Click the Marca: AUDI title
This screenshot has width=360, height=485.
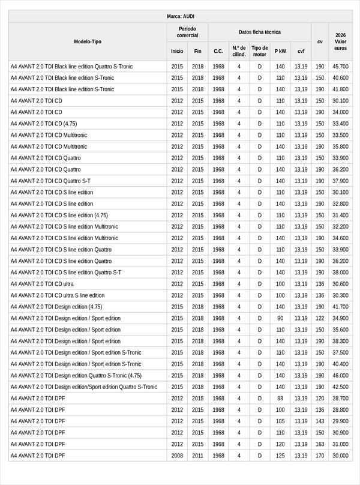180,16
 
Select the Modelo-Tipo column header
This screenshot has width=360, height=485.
88,41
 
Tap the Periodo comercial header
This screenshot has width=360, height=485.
187,32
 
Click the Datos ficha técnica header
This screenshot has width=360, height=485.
259,32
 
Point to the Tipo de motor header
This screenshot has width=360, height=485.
260,51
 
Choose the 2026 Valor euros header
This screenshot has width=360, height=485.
341,41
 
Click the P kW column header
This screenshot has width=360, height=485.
280,51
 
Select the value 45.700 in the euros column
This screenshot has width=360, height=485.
341,67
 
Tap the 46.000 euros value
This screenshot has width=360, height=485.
341,376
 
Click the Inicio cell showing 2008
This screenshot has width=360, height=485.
177,456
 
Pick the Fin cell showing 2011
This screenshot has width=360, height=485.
198,456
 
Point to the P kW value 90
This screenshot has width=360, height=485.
280,318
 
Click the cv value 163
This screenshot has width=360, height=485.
320,444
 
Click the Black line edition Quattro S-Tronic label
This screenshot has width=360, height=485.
71,67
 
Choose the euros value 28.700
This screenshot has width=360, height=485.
341,399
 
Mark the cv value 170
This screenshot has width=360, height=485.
320,456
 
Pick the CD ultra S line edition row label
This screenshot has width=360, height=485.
58,295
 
